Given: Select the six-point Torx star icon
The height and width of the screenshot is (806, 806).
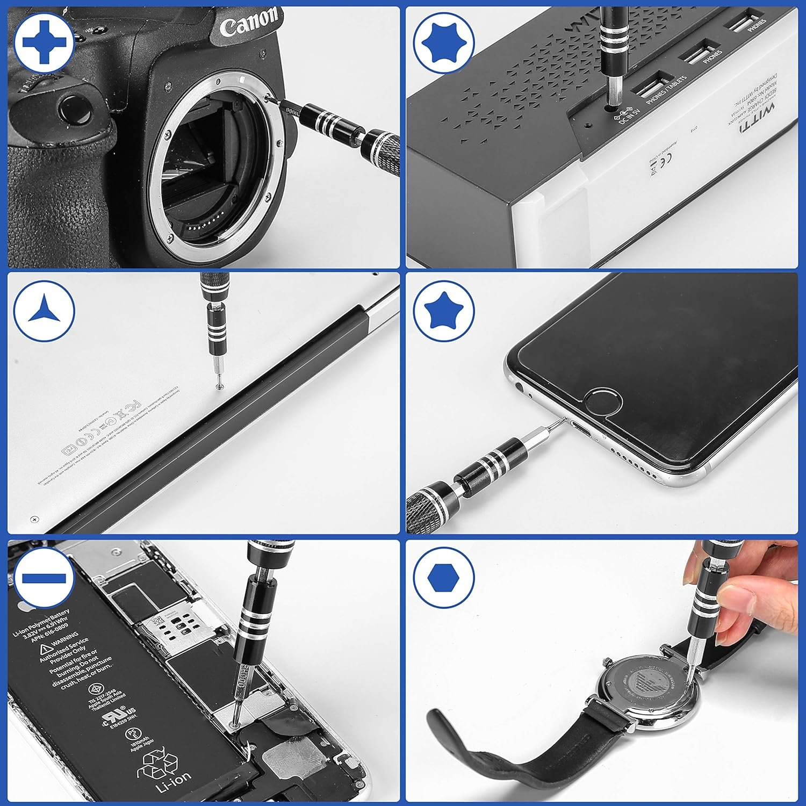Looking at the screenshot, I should [444, 42].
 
